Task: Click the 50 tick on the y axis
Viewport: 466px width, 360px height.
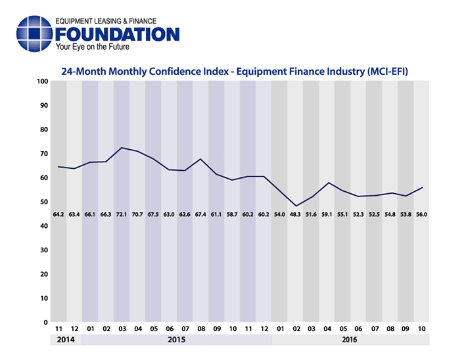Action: [x=43, y=202]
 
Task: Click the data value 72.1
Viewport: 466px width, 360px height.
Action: [x=122, y=215]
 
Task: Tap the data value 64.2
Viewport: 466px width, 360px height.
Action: [x=58, y=215]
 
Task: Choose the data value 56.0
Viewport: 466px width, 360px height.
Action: [x=421, y=215]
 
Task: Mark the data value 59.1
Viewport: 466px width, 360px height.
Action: [x=327, y=215]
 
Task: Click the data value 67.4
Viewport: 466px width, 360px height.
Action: [x=200, y=215]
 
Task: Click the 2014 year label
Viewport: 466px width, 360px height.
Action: [x=66, y=340]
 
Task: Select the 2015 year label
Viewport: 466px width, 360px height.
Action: [x=177, y=340]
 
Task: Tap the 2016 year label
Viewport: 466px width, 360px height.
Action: [x=350, y=340]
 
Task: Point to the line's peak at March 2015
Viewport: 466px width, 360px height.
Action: [x=122, y=148]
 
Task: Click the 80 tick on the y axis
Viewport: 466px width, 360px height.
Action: [x=43, y=129]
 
